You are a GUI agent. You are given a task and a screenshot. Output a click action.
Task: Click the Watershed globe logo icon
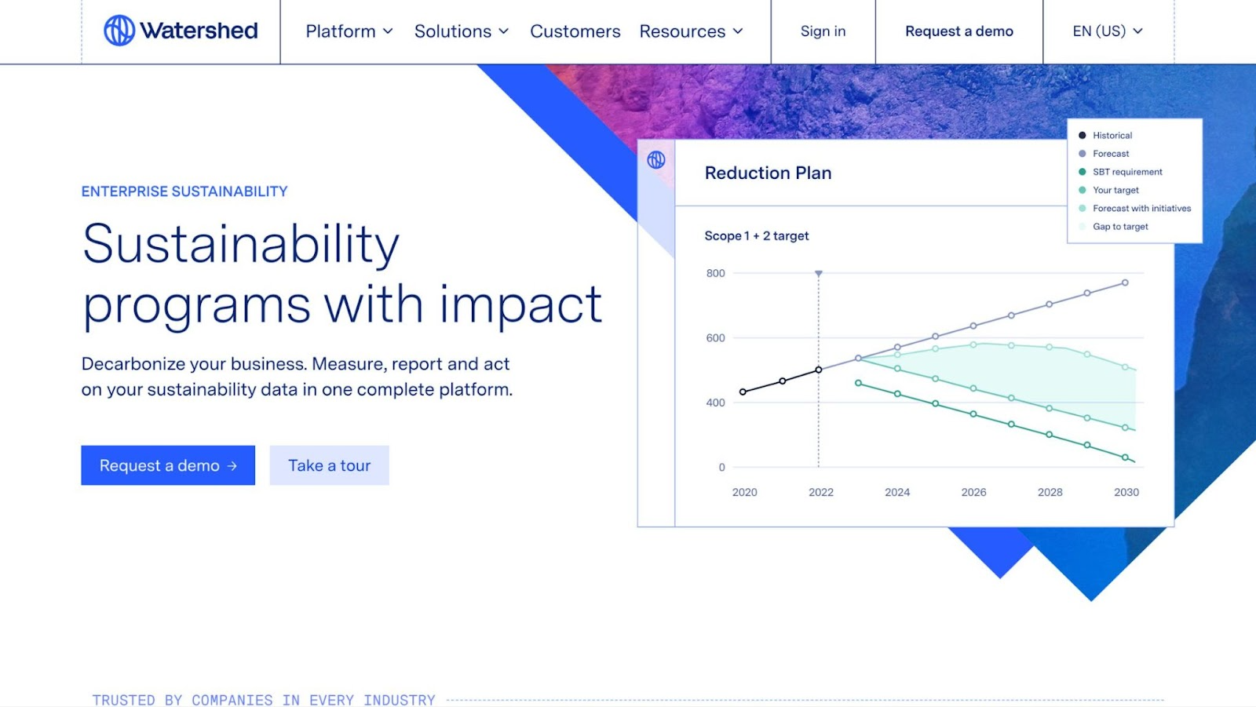(x=119, y=31)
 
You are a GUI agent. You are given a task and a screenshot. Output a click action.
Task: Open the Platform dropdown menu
(x=349, y=31)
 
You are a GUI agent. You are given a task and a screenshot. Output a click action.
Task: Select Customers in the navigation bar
(x=575, y=31)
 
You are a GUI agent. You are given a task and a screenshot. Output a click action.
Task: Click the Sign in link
(x=823, y=31)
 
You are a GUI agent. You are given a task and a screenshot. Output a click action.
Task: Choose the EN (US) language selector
(x=1108, y=31)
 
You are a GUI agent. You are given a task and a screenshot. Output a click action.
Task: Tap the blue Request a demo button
(x=168, y=465)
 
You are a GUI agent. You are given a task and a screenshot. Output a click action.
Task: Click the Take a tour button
(x=329, y=465)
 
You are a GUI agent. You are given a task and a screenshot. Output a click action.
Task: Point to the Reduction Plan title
(x=768, y=173)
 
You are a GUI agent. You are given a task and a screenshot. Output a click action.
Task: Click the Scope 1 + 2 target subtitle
(x=757, y=236)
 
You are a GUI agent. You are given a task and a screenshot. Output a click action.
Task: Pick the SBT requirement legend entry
(x=1119, y=172)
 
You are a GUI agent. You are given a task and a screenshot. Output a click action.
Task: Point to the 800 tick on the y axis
(x=715, y=274)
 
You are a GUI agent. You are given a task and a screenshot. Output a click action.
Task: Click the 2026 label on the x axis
(x=973, y=492)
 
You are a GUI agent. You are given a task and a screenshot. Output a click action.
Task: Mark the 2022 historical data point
(x=819, y=370)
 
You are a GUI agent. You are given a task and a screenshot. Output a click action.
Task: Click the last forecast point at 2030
(x=1125, y=283)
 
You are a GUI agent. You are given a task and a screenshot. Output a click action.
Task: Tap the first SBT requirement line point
(x=858, y=383)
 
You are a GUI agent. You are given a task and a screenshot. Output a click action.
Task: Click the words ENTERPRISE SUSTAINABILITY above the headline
(x=184, y=191)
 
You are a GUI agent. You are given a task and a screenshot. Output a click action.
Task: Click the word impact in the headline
(x=521, y=304)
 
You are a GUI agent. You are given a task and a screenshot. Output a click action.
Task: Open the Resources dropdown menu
(x=691, y=31)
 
